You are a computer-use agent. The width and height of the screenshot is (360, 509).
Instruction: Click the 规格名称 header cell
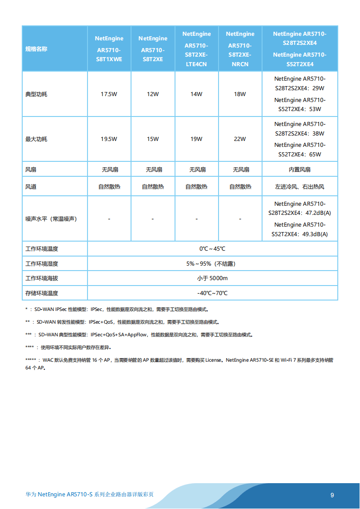click(x=36, y=49)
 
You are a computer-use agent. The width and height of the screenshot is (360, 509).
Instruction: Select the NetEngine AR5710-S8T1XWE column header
click(x=109, y=49)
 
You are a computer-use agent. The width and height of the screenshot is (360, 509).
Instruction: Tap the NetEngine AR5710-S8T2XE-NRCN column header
click(x=240, y=49)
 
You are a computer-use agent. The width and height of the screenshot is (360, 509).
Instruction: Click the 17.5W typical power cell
click(x=109, y=94)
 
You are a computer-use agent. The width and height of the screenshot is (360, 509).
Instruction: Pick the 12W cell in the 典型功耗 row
click(x=153, y=94)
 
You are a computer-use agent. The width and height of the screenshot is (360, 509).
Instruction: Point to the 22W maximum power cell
click(x=240, y=139)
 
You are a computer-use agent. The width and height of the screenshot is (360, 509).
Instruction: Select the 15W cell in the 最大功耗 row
click(x=153, y=139)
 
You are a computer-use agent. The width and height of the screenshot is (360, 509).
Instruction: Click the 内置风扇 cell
click(x=300, y=170)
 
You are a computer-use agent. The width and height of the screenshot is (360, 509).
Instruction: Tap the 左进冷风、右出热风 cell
click(x=300, y=187)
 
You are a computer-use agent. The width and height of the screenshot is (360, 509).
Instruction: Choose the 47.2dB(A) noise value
click(x=318, y=213)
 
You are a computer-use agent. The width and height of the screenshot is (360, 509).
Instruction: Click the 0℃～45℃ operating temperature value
click(x=212, y=249)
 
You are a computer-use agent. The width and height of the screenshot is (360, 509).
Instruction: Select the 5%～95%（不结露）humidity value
click(x=212, y=264)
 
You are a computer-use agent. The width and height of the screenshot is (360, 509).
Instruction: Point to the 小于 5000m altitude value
click(x=212, y=278)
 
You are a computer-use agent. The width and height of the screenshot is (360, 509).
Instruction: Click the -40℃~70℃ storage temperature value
click(x=212, y=293)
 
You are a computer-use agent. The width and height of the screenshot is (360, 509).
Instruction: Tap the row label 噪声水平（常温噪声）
click(x=51, y=219)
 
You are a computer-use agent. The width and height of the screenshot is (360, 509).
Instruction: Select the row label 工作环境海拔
click(x=42, y=278)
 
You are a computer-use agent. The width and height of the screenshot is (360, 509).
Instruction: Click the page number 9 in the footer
click(x=332, y=495)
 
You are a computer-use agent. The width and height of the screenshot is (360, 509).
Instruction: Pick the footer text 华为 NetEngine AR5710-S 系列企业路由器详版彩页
click(x=89, y=494)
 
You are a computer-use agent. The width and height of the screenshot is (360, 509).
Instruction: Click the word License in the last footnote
click(x=213, y=360)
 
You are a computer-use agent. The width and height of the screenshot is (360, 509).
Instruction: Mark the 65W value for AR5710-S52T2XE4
click(x=315, y=155)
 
